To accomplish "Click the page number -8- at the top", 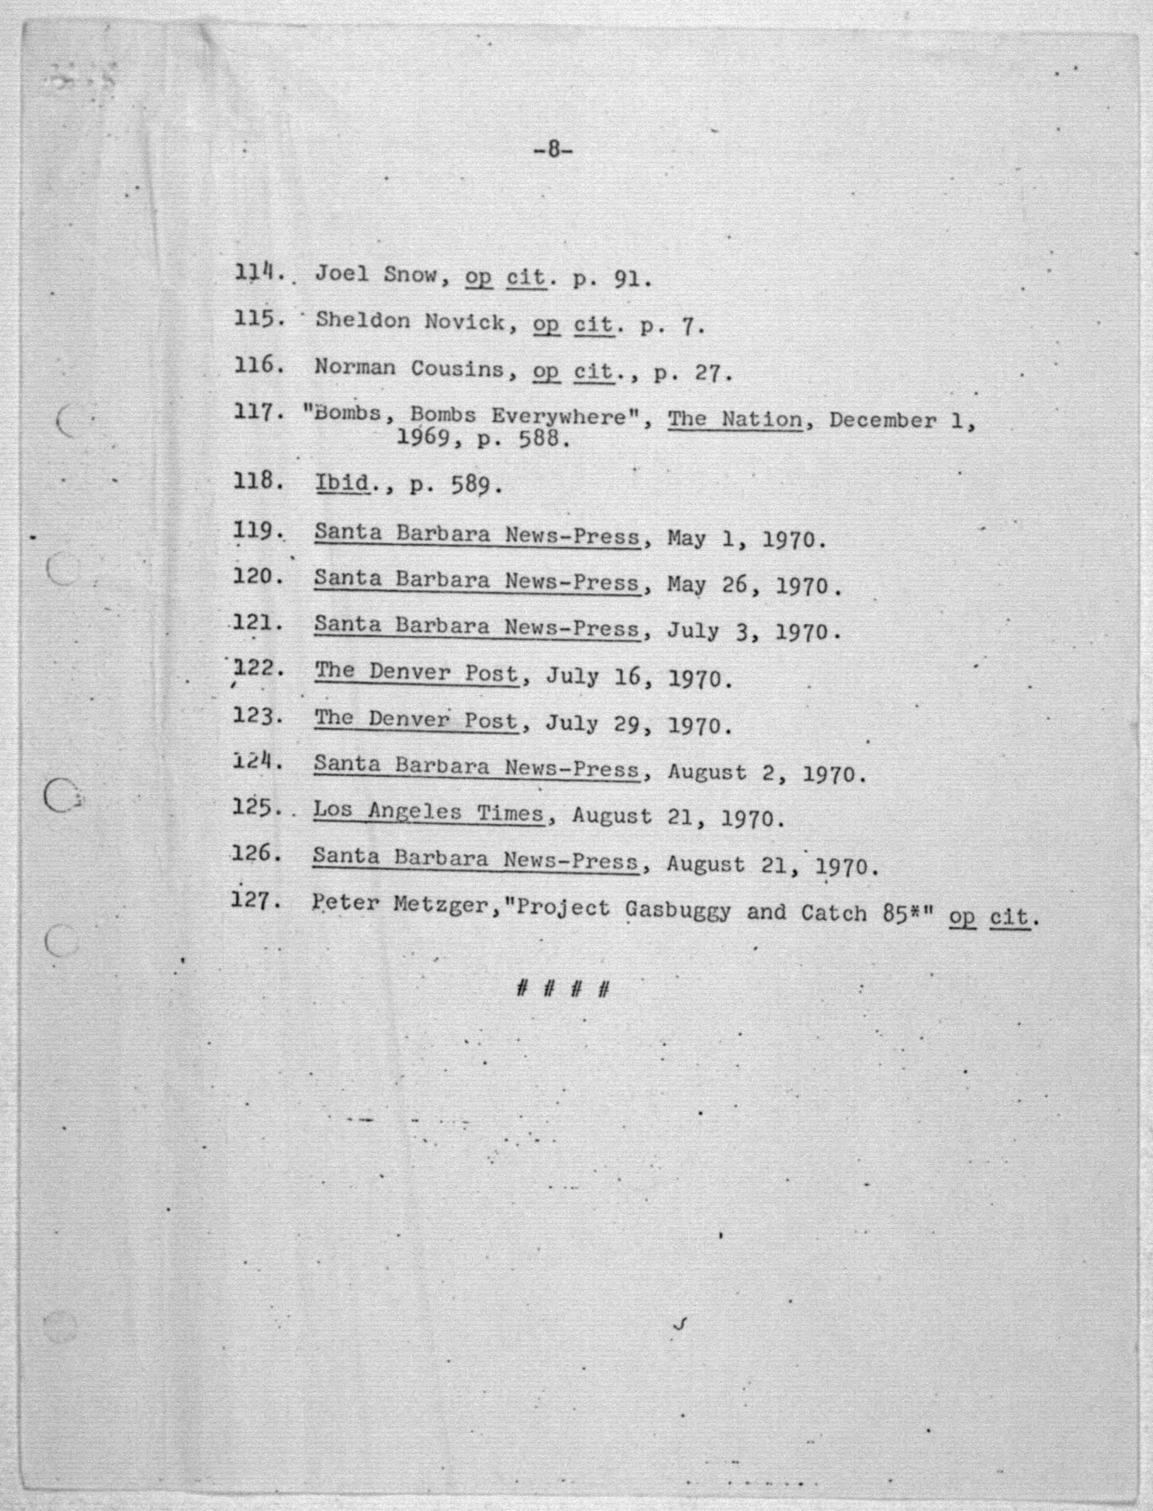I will (x=552, y=150).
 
